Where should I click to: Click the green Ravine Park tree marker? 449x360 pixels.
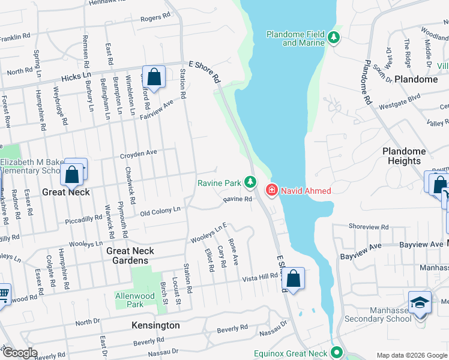[x=250, y=182]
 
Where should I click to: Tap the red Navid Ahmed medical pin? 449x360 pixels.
[x=272, y=191]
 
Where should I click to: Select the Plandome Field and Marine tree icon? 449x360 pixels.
[x=333, y=38]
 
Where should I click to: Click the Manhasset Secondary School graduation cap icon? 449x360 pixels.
[x=420, y=302]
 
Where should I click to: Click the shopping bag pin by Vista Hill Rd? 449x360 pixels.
[x=293, y=279]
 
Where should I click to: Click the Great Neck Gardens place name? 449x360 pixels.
[x=130, y=256]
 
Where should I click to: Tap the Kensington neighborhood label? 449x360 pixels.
[x=155, y=325]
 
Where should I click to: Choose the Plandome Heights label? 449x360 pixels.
[x=404, y=156]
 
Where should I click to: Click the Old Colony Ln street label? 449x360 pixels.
[x=160, y=211]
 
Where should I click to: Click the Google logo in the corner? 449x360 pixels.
[x=19, y=353]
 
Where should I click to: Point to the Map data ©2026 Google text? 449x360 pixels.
[x=411, y=355]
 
